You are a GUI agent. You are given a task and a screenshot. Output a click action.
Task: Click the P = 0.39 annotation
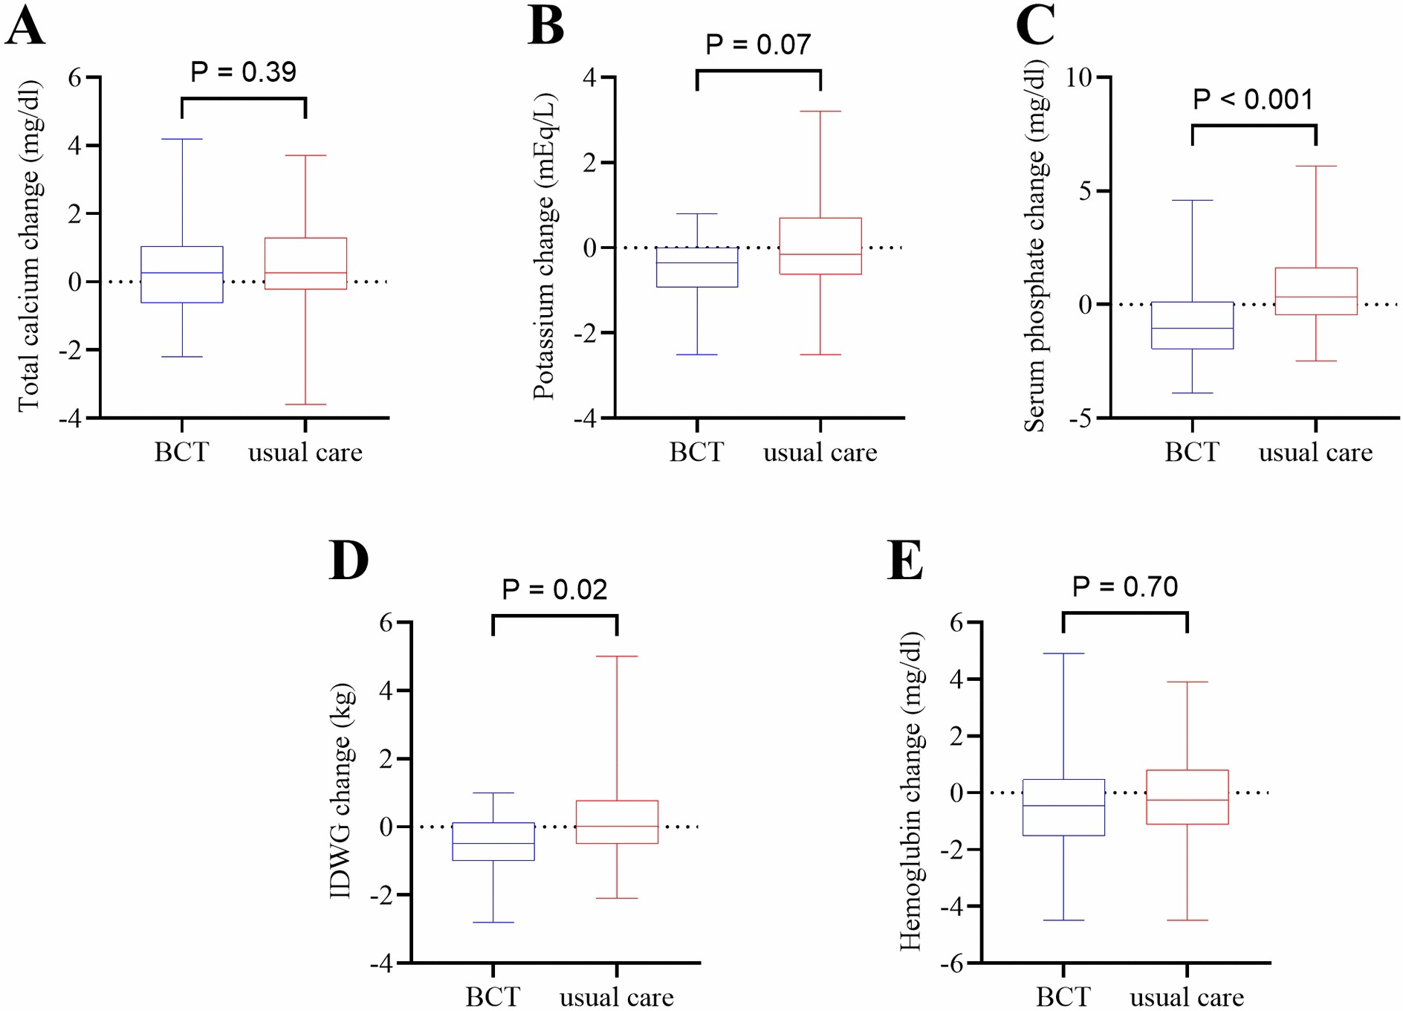coord(243,72)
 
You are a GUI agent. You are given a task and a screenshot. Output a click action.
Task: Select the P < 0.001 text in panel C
coord(1253,100)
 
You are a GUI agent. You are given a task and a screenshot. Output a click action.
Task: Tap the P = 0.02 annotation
coord(554,590)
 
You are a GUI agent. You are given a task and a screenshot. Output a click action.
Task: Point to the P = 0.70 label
coord(1124,587)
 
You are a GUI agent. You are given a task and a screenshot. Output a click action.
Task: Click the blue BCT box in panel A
coord(182,274)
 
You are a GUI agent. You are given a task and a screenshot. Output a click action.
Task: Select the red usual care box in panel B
coord(820,246)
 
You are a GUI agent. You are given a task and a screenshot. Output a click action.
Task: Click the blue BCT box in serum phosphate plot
coord(1192,325)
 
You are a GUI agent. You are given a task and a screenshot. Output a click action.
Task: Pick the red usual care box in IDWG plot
coord(617,821)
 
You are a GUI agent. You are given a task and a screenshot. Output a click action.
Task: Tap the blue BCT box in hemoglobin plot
coord(1063,807)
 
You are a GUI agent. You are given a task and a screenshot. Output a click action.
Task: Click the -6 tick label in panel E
coord(952,964)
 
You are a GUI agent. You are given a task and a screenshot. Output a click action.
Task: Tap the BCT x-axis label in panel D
coord(493,996)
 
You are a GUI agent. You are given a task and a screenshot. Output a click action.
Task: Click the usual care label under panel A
coord(305,452)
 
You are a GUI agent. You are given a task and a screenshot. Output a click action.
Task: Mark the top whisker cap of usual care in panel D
coord(617,656)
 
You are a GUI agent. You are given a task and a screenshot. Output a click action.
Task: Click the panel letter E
coord(905,561)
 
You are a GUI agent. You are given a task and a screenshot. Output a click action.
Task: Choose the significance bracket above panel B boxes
coord(759,71)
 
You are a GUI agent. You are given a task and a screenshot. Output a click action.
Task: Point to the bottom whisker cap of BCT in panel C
coord(1192,393)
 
